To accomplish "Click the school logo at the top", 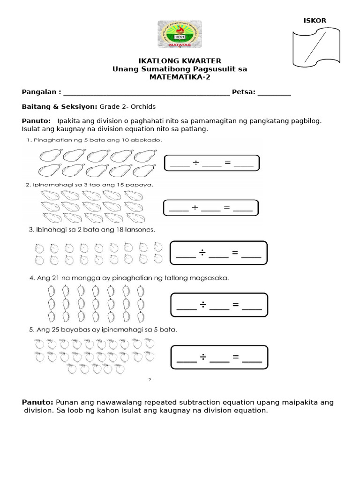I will (x=180, y=34).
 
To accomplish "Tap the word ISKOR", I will (x=315, y=20).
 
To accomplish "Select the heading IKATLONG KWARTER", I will (x=180, y=61).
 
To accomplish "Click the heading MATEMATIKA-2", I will (x=180, y=77).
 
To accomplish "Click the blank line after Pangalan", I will (x=146, y=93).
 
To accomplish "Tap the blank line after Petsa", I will (x=274, y=93).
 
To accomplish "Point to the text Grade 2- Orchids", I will (x=127, y=106).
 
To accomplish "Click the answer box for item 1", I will (x=211, y=163).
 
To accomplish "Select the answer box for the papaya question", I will (x=211, y=208).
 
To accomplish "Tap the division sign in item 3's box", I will (x=202, y=254).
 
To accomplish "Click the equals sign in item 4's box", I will (x=235, y=306).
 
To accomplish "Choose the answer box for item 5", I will (x=219, y=358).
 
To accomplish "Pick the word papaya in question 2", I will (x=141, y=185).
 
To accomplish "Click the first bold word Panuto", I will (x=36, y=120).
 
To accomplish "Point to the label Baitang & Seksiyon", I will (x=60, y=106).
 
